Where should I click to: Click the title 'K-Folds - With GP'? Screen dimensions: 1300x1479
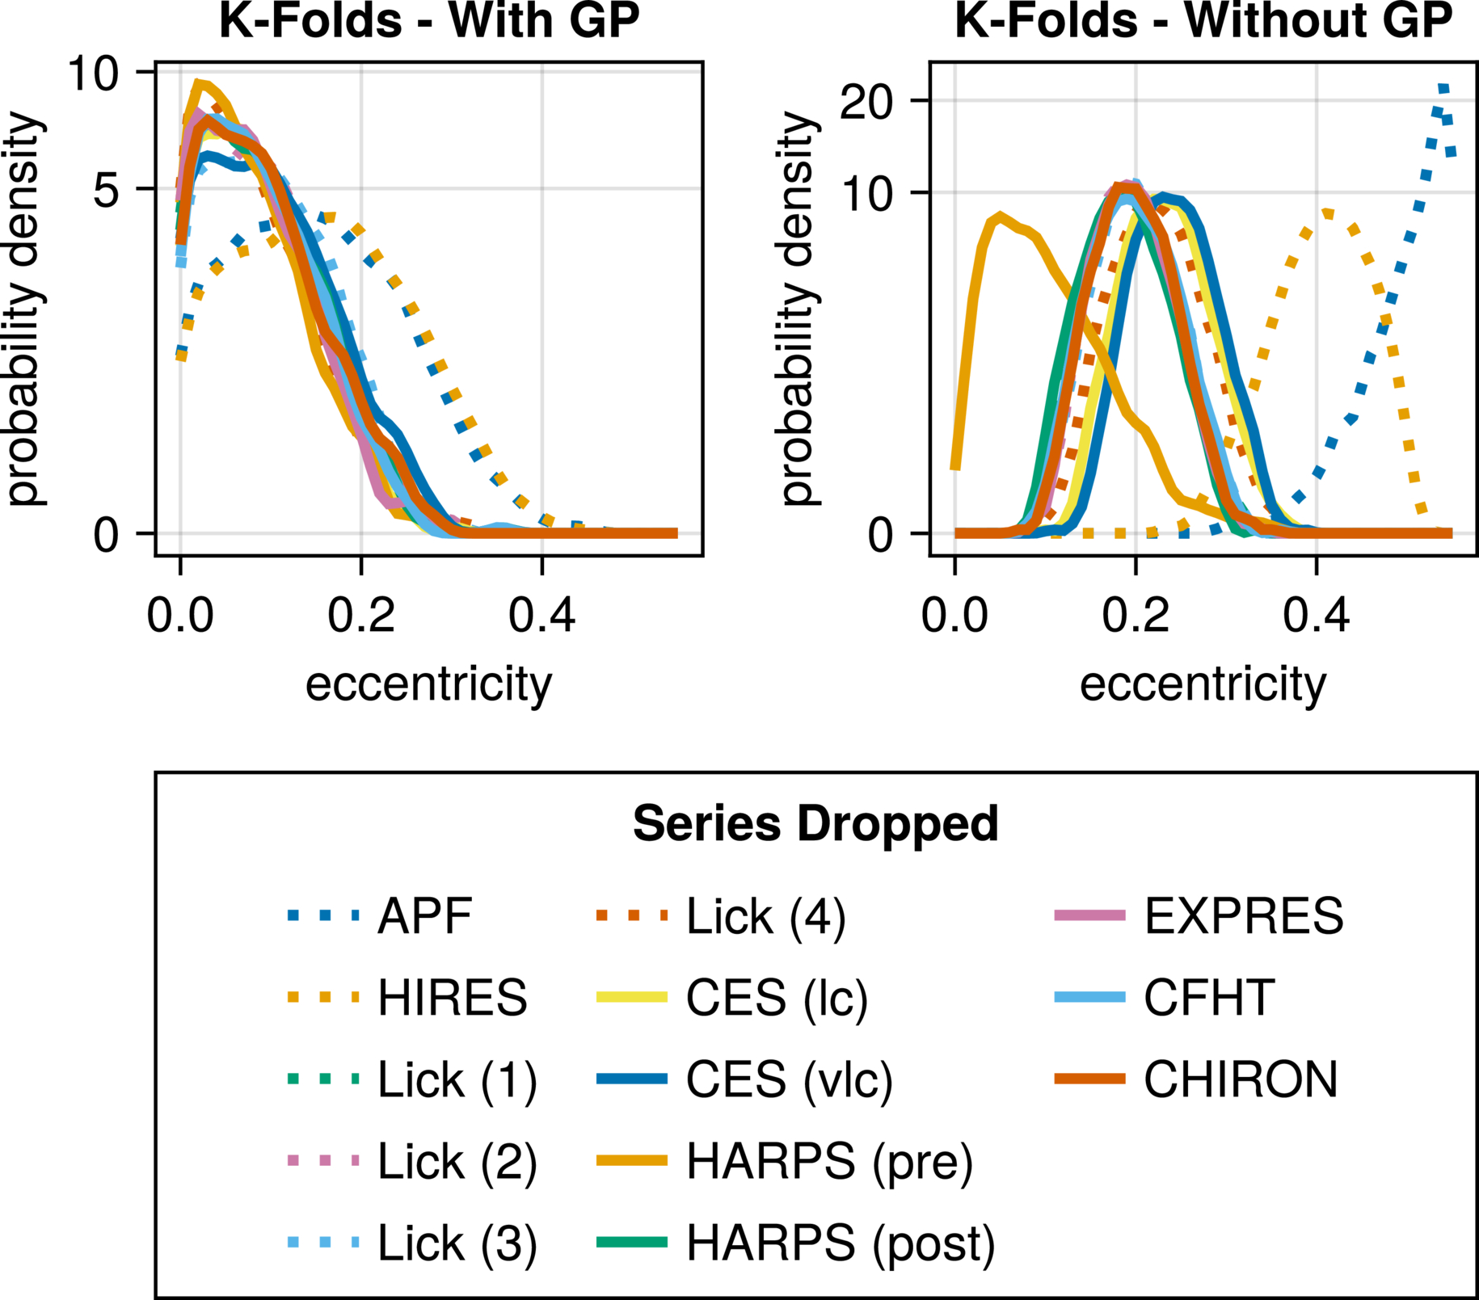[429, 21]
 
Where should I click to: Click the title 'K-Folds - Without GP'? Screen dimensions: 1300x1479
[1203, 21]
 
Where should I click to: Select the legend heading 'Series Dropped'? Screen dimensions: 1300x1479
[815, 823]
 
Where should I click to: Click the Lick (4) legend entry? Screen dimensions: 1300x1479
[765, 916]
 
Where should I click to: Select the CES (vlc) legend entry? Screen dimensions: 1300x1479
[789, 1079]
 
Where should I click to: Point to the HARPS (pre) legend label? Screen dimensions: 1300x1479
[829, 1161]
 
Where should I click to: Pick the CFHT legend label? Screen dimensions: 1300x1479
[1209, 998]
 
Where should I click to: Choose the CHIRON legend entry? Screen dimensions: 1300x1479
[1241, 1079]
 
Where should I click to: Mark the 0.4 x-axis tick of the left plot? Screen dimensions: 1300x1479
[541, 616]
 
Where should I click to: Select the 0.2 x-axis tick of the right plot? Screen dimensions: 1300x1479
[1136, 616]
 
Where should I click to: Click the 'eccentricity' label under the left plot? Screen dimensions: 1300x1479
[428, 685]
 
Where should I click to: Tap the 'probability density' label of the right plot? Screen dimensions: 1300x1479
[799, 309]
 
